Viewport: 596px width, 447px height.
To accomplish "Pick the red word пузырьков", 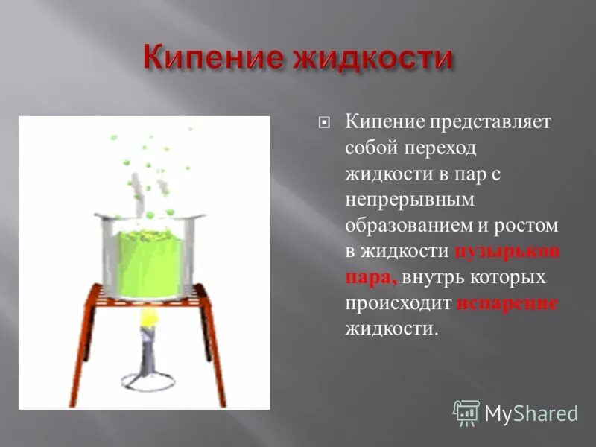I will coord(507,253).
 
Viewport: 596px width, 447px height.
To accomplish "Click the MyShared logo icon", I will coord(466,412).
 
